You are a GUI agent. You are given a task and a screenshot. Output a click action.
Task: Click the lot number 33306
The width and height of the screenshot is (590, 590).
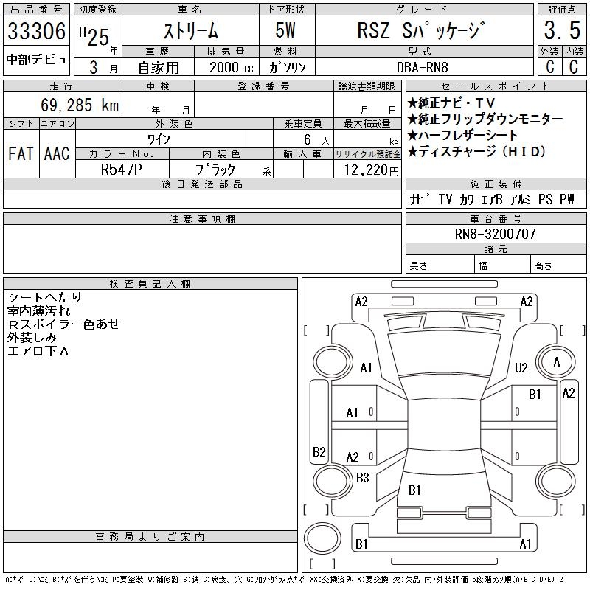(36, 32)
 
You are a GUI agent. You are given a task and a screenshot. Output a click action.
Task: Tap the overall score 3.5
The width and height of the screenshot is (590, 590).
(559, 32)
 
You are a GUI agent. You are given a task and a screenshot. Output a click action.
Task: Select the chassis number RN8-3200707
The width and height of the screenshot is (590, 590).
(496, 234)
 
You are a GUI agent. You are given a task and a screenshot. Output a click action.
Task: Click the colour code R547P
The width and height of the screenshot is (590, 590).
(122, 169)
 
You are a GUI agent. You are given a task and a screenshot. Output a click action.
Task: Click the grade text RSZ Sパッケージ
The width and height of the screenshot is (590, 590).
(423, 32)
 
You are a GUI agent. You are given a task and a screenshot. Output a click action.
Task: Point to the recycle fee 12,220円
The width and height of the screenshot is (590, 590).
(367, 169)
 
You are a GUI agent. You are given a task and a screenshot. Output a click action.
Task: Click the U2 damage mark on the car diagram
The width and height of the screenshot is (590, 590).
(521, 367)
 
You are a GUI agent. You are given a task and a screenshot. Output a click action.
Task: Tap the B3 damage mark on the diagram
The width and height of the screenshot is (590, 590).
(362, 478)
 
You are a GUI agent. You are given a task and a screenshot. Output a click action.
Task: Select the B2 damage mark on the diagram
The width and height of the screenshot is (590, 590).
(319, 451)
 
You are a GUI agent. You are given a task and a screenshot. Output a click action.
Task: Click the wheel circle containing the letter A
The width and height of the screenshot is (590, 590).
(557, 362)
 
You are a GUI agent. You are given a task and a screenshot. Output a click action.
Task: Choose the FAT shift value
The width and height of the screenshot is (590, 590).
(20, 153)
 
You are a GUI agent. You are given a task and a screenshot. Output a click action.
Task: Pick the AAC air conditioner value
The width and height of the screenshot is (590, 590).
(57, 153)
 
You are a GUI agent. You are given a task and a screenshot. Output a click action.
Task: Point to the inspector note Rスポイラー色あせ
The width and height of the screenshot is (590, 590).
(63, 324)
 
